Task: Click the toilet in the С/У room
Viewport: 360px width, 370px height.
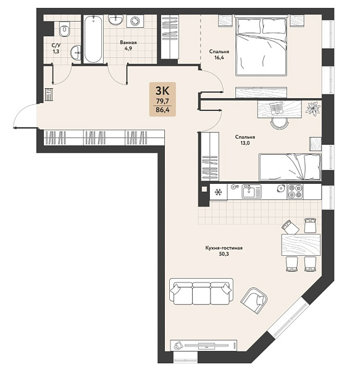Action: (x=64, y=29)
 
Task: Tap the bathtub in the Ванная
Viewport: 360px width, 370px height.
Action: (x=93, y=39)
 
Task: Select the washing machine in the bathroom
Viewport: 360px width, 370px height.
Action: (x=135, y=21)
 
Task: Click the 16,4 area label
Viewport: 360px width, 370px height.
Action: (x=219, y=57)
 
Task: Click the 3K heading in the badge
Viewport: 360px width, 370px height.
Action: (x=162, y=91)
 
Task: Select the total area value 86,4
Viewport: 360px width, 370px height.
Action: (x=162, y=110)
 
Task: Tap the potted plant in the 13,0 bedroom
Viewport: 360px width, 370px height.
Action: (x=314, y=109)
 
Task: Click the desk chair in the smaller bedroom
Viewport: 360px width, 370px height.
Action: (x=279, y=123)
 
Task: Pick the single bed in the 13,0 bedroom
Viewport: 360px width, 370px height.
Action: (x=290, y=167)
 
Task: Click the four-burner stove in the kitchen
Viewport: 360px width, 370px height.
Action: (x=295, y=191)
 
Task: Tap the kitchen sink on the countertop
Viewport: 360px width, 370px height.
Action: (x=251, y=191)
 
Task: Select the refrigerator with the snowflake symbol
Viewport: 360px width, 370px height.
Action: (x=219, y=192)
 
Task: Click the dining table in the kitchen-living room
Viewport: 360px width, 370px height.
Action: (x=301, y=245)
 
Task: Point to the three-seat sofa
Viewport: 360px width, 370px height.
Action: (x=201, y=292)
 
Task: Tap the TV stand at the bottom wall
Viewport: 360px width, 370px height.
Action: (x=204, y=346)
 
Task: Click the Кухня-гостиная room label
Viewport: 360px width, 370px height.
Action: (x=224, y=248)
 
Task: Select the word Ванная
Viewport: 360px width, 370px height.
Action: (x=128, y=43)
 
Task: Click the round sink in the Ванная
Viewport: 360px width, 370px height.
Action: (x=115, y=19)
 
